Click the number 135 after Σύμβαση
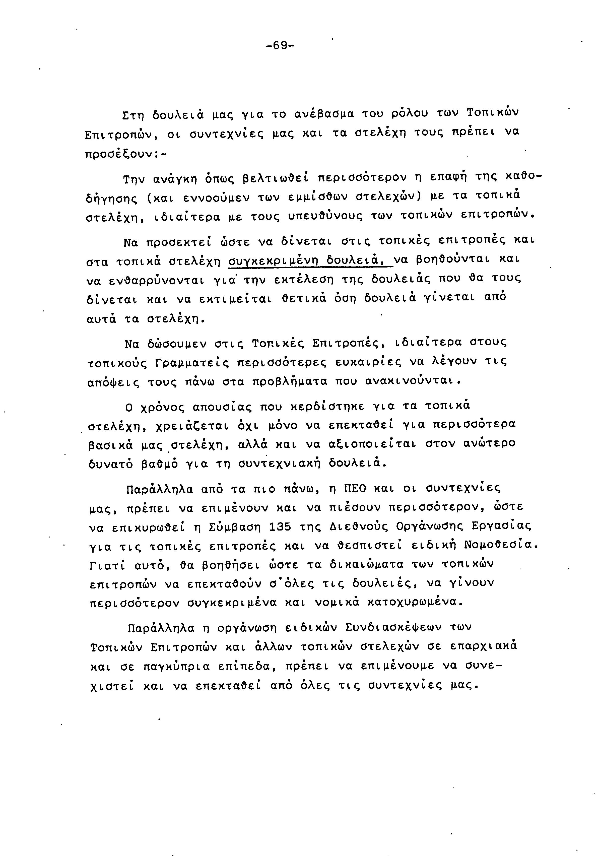point(282,526)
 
